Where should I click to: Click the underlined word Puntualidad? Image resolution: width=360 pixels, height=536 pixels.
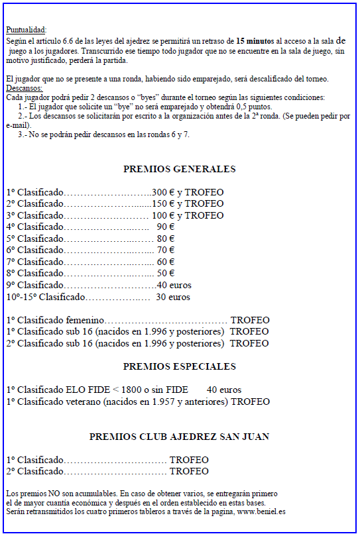[26, 30]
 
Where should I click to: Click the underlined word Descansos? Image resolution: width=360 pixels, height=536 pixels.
[24, 88]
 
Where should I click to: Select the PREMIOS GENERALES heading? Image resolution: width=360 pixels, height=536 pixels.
[179, 169]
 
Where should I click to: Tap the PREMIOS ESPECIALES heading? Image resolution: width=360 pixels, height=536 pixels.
[179, 366]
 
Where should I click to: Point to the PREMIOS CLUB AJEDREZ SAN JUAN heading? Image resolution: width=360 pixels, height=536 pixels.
[179, 437]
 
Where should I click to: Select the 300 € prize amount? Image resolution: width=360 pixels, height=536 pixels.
[162, 192]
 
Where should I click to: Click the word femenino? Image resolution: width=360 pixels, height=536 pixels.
[84, 320]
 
